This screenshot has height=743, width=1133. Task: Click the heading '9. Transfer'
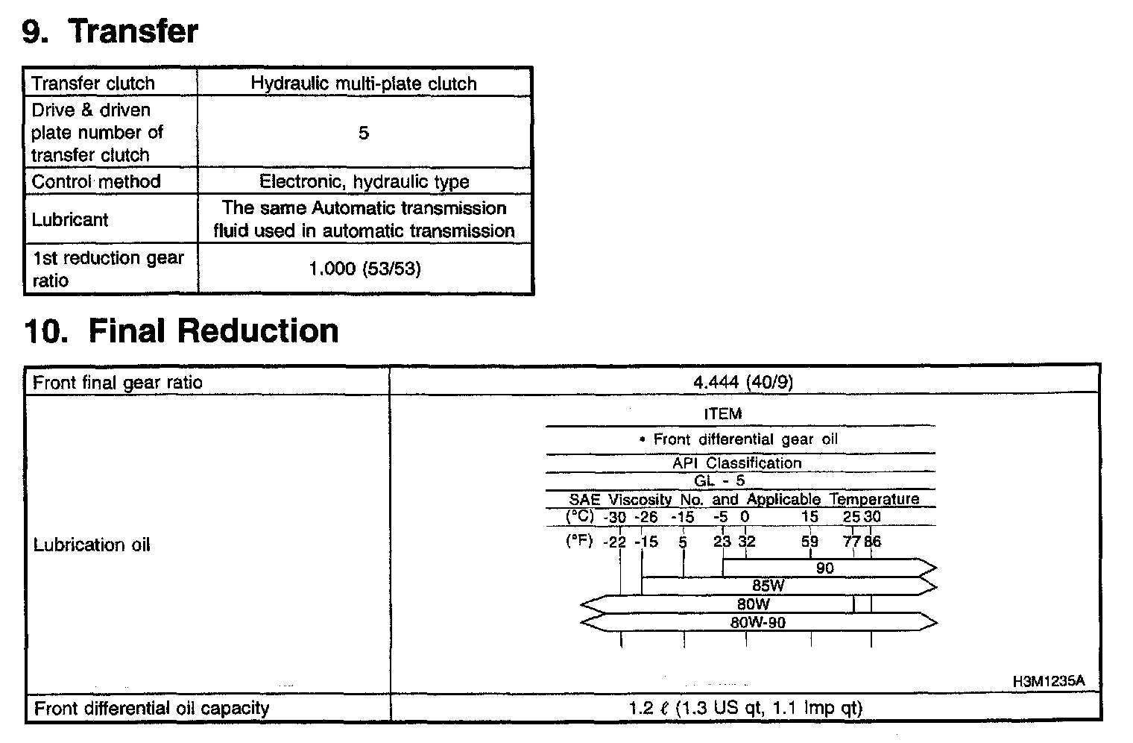pos(110,31)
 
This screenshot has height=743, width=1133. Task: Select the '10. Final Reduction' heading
pos(181,330)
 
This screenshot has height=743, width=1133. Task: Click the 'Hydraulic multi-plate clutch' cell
pos(363,83)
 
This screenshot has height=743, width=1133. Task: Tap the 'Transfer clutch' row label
pos(93,83)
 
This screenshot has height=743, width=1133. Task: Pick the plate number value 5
pos(363,133)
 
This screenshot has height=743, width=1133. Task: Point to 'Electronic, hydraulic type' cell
pos(364,181)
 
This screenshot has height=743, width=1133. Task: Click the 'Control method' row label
pos(96,181)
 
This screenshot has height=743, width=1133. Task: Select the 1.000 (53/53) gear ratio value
pos(364,269)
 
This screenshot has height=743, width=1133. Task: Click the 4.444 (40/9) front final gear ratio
pos(743,382)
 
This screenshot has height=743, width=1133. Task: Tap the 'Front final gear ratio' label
pos(118,383)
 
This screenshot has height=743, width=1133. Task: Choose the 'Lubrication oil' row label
pos(92,545)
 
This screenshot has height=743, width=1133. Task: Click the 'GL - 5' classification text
pos(719,481)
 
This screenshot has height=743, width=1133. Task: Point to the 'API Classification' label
pos(736,463)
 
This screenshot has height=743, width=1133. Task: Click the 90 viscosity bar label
pos(824,568)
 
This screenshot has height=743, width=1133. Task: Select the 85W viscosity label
pos(768,586)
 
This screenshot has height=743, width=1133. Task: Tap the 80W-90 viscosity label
pos(757,622)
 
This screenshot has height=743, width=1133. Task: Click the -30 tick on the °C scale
pos(615,517)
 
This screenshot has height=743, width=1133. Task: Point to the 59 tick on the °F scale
pos(809,542)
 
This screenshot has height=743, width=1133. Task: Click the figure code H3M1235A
pos(1048,681)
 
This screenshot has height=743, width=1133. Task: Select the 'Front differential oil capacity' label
pos(152,708)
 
